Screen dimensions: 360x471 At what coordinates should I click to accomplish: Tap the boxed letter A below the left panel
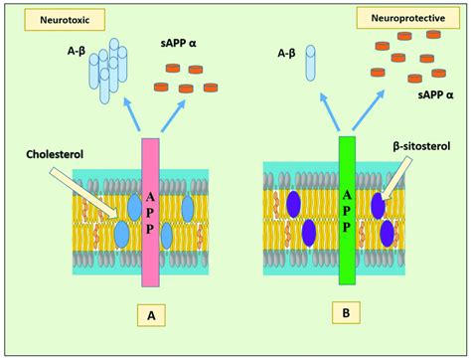(x=150, y=317)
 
